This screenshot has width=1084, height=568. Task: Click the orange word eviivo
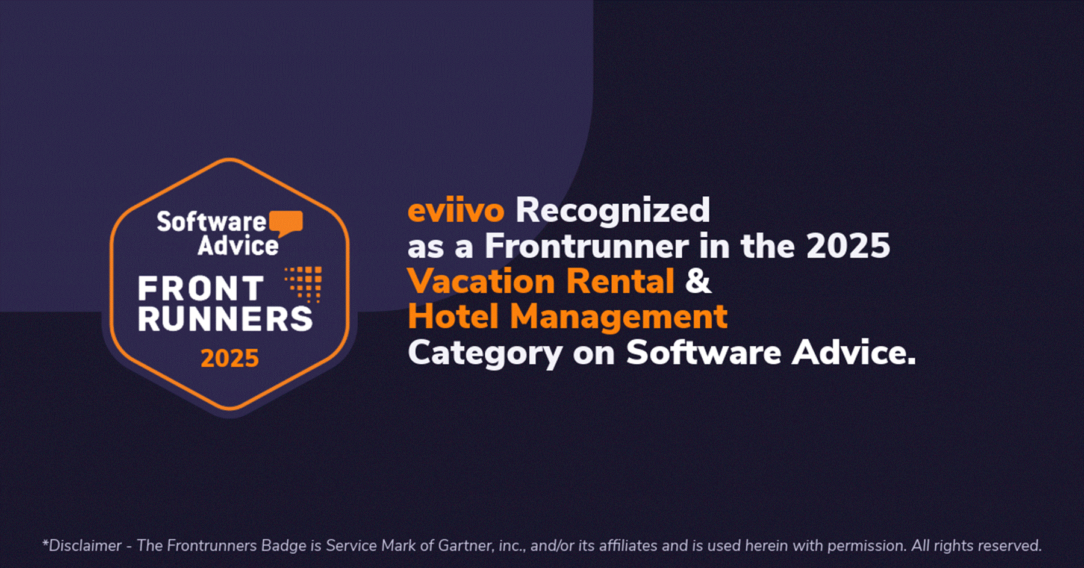(x=456, y=211)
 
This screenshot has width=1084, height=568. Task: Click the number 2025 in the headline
(x=848, y=246)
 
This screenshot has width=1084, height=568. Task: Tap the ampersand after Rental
(x=699, y=281)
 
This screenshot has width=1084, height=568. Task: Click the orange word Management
(x=619, y=318)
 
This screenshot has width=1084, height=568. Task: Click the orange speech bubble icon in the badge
(x=286, y=223)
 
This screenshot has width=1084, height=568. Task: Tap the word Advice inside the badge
(x=238, y=246)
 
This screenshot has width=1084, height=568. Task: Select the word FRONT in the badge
(x=201, y=289)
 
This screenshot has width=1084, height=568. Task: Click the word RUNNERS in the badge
(x=225, y=319)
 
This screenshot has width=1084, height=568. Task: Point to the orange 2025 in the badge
(x=229, y=358)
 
